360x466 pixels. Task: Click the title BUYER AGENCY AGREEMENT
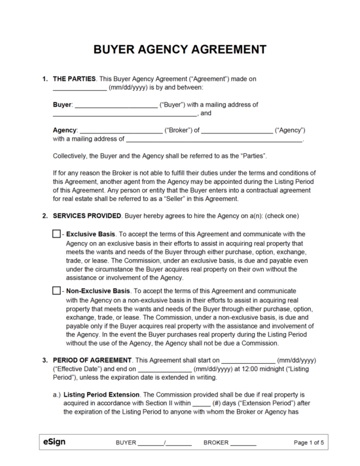(x=180, y=50)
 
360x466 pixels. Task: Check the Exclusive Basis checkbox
(x=56, y=234)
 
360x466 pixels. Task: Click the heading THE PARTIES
(x=74, y=79)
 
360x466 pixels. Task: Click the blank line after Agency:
(x=120, y=131)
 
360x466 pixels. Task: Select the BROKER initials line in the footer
(x=243, y=444)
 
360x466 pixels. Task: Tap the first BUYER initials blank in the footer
(x=150, y=444)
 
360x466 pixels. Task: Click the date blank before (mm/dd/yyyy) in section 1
(x=79, y=88)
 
